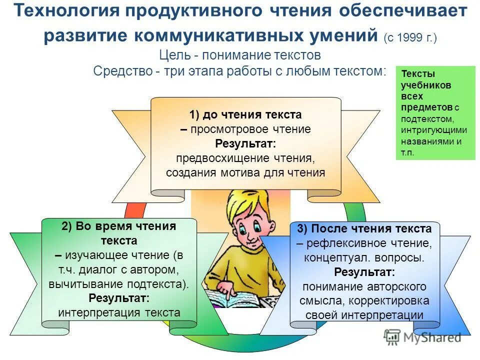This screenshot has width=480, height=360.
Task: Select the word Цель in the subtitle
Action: coord(174,54)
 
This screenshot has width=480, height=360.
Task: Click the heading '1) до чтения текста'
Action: coord(245,114)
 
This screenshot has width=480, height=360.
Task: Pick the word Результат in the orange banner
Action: coord(245,144)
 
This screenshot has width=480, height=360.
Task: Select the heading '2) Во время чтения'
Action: coord(119,226)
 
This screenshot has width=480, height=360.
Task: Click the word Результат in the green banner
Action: coord(119,298)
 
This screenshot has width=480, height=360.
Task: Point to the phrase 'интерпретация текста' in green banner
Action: coord(119,313)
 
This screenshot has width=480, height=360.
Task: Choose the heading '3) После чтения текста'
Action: coord(364,229)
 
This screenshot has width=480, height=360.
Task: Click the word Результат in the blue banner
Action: coord(364,272)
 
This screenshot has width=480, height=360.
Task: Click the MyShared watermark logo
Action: coord(422,337)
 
